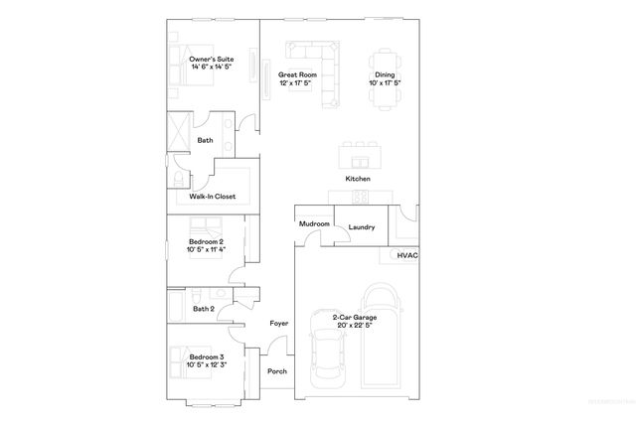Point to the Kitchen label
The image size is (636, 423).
pyautogui.click(x=357, y=178)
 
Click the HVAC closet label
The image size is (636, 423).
pyautogui.click(x=407, y=255)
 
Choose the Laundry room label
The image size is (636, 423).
pyautogui.click(x=361, y=227)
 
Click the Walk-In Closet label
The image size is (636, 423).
pyautogui.click(x=212, y=197)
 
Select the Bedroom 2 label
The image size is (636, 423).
pyautogui.click(x=207, y=245)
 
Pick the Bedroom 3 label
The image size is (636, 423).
pyautogui.click(x=207, y=359)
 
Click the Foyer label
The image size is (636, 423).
pyautogui.click(x=279, y=324)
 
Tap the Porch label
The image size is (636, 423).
pyautogui.click(x=277, y=371)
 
